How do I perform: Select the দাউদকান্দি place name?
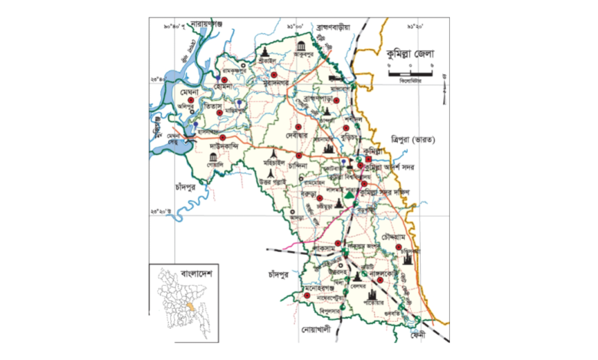[225, 143]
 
